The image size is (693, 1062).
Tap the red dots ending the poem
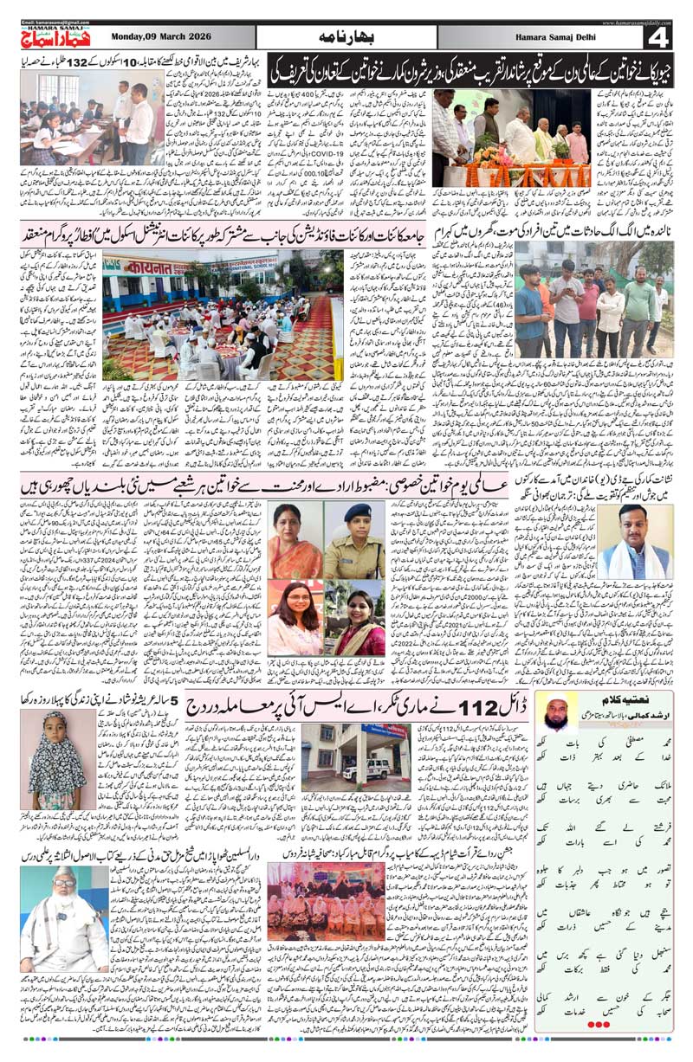point(599,1025)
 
